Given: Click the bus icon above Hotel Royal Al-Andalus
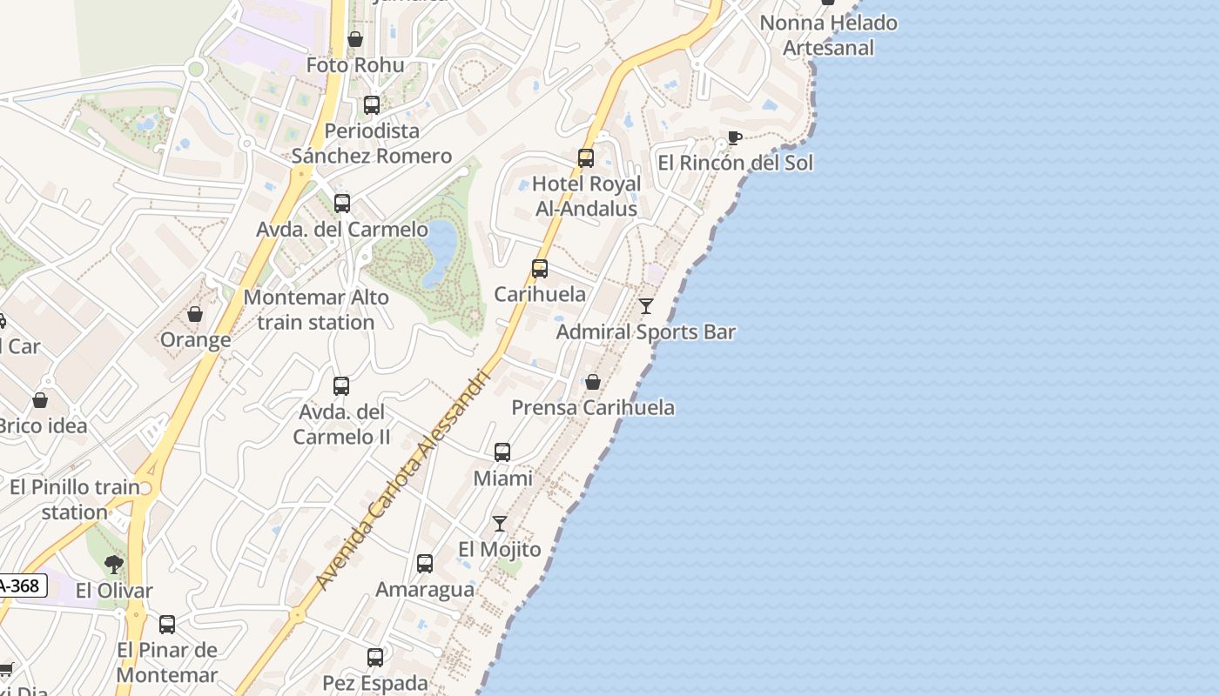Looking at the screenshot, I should pos(586,158).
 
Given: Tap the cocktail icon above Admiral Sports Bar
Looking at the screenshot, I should pos(646,306).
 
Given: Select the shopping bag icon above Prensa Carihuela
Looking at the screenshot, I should pos(593,382).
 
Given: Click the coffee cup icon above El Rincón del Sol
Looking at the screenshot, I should pos(735,137).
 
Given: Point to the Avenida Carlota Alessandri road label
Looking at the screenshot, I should pos(401,478).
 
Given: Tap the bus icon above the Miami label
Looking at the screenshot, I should pos(502,452).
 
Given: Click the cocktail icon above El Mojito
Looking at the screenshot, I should pos(500,524).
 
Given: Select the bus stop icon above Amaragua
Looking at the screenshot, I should pos(425,564).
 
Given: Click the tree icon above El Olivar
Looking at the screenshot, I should pos(113,565).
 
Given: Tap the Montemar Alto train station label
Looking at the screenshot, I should pos(315,310).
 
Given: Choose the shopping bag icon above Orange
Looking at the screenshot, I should pos(195,314).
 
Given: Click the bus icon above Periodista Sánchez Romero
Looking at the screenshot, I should pos(372,105).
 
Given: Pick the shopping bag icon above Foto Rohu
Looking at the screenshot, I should pos(355,39).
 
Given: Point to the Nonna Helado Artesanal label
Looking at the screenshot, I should pos(828,35).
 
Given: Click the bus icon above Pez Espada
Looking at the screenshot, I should pos(375,658).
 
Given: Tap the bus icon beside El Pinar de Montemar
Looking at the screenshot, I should pos(167,625).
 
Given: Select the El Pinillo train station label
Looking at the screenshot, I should pos(75,499).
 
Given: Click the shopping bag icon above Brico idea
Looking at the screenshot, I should pos(40,400).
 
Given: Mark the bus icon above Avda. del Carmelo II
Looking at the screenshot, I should pos(341,386).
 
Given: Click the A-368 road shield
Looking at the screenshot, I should pos(21,586).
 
